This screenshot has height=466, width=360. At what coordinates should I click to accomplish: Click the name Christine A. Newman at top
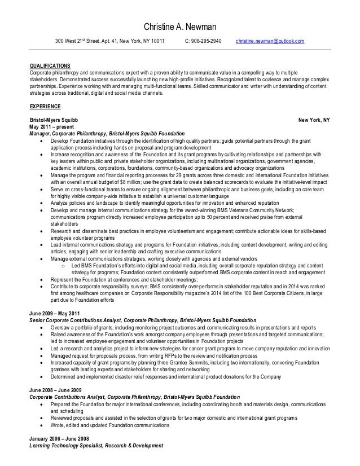(x=179, y=27)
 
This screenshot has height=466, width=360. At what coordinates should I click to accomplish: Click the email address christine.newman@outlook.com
(x=270, y=41)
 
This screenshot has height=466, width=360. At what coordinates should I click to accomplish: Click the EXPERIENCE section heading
(x=45, y=107)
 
